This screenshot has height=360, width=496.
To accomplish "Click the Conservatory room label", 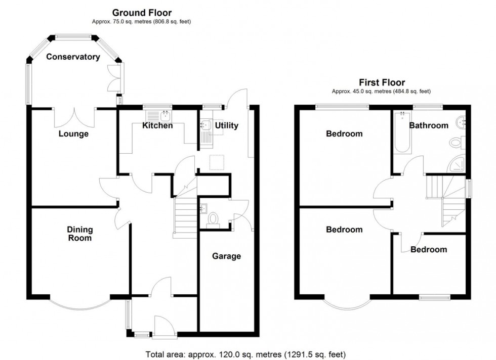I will coord(73,57).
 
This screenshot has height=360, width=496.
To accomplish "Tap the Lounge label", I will coord(73,134).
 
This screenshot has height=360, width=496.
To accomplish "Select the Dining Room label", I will coord(80,234).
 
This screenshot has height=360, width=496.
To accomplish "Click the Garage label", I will coord(226,256).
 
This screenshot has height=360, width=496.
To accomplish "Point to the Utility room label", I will coord(226,125).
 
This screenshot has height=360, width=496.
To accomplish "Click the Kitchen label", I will coord(157,125).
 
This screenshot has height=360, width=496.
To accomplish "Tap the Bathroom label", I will coord(429,125).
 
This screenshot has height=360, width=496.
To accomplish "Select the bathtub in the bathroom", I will coord(402,132).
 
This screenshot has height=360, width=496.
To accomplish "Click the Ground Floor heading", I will coord(142,13).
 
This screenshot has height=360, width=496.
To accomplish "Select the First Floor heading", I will coord(382,82).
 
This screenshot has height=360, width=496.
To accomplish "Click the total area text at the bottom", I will coord(245,354).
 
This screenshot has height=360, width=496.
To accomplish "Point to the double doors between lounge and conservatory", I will coord(74,117).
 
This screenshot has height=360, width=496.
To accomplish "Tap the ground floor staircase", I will coord(185,217).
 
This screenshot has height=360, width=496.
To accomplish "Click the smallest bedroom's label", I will coord(429,249).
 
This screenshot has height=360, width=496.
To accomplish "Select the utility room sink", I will coord(205,124).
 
